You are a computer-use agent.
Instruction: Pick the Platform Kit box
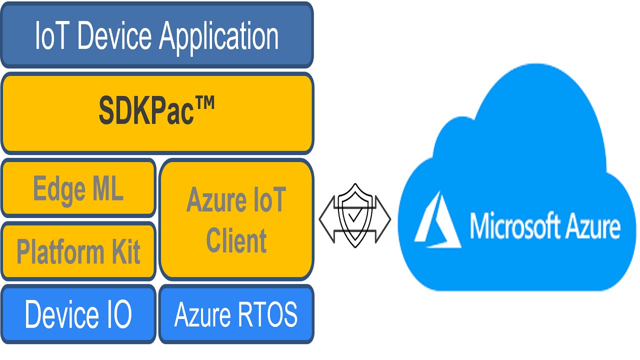point(78,250)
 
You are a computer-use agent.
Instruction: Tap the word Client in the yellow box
point(236,240)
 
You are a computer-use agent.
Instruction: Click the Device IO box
point(78,314)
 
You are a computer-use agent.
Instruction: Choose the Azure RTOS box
point(236,314)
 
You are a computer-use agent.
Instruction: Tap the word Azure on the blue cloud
point(592,226)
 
